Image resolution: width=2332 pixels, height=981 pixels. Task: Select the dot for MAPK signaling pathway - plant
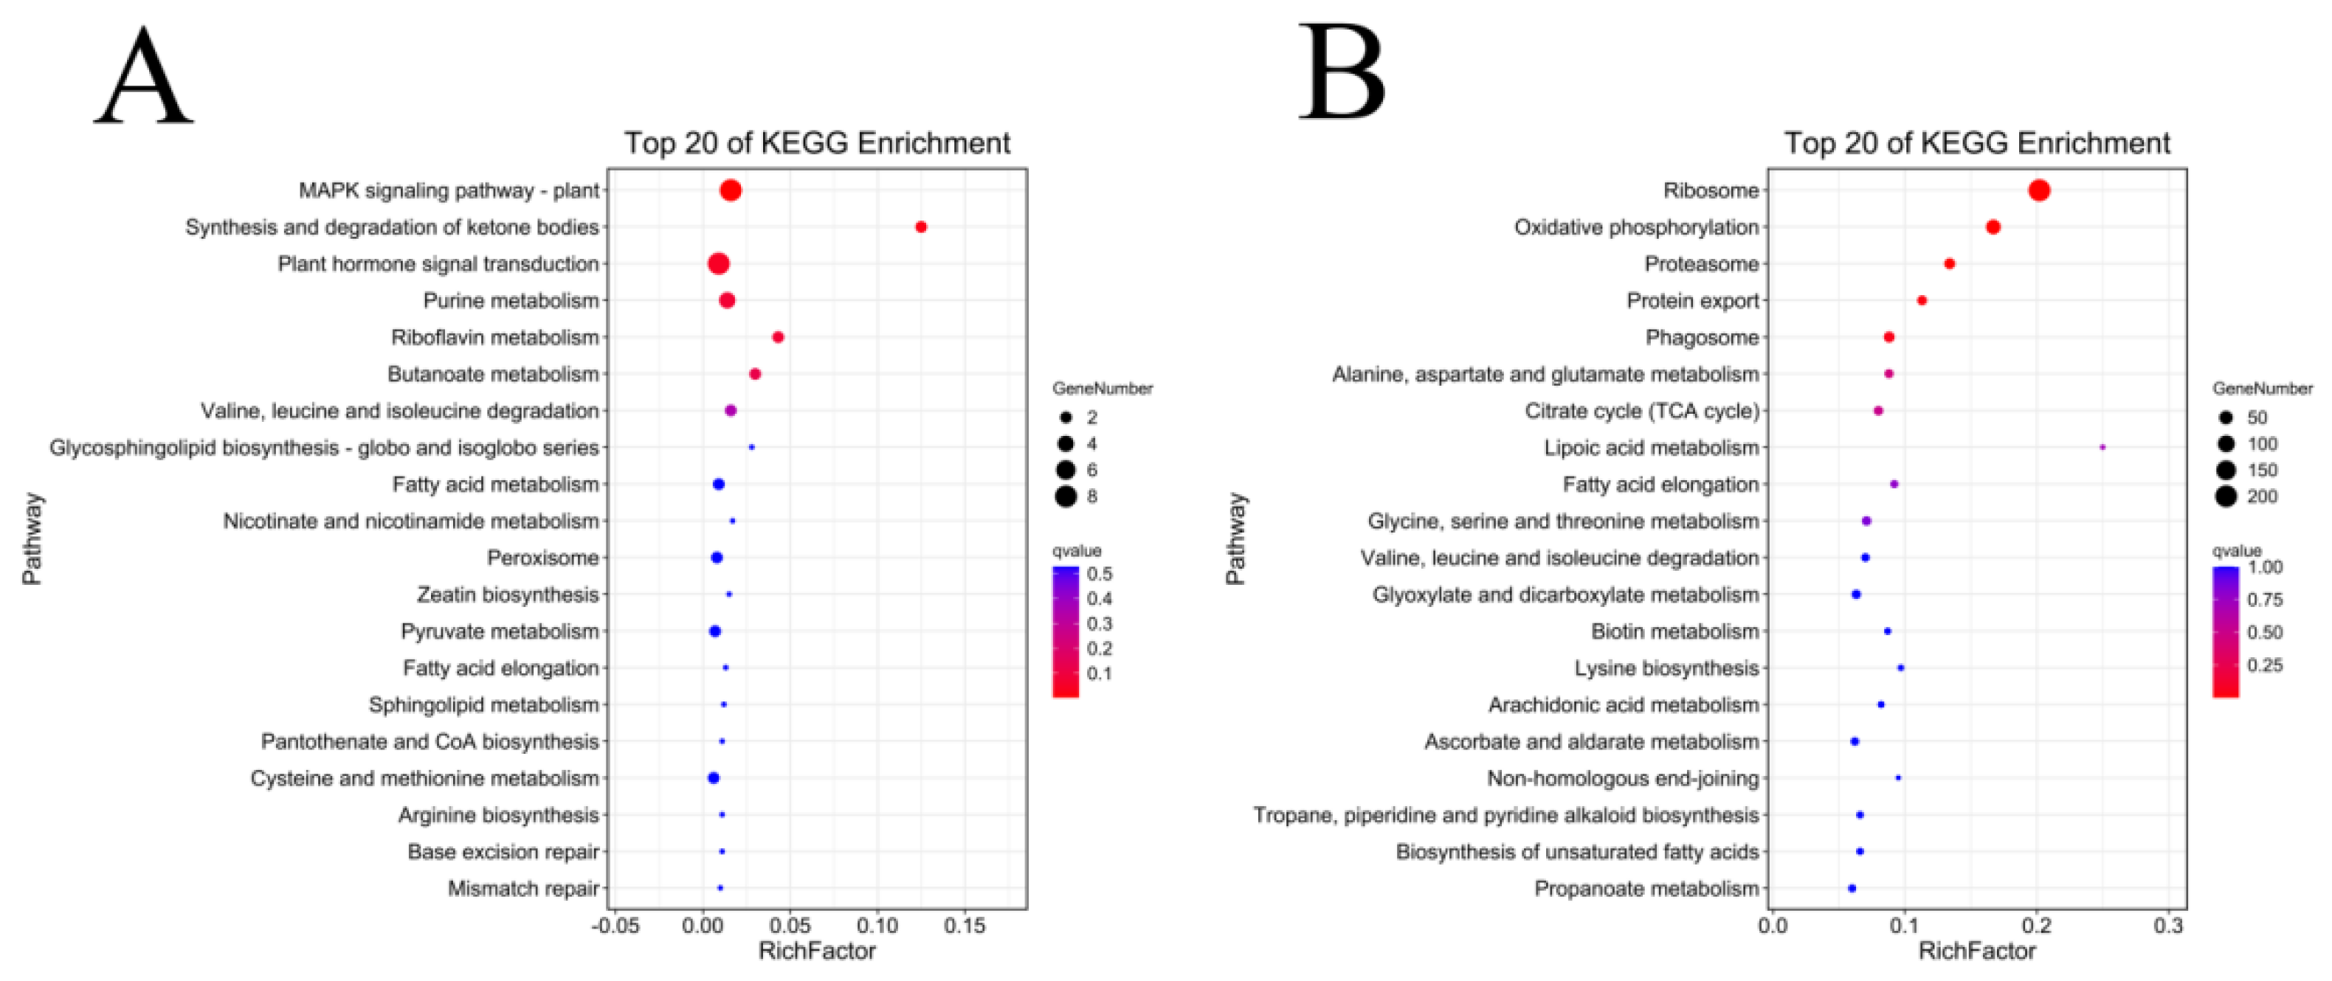point(731,190)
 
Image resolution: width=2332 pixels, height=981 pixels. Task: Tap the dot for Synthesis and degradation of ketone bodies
point(921,227)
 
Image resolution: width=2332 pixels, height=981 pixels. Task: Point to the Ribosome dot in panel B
point(2039,190)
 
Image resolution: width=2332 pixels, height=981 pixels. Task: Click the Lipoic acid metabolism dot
point(2102,447)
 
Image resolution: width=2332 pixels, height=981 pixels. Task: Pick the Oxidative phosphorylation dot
point(1993,227)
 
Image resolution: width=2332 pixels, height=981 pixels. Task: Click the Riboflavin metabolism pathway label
point(494,338)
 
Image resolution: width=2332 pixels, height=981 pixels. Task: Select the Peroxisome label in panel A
point(542,558)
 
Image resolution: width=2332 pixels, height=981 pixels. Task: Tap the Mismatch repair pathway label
point(523,889)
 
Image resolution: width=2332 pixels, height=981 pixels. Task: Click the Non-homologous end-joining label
point(1622,778)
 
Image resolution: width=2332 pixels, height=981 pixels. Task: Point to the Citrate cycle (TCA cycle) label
point(1641,411)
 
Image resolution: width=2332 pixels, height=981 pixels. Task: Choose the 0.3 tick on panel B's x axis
point(2168,926)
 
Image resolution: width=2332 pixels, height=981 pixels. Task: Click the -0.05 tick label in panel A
point(615,926)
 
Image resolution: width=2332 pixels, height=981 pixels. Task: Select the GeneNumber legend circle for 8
point(1066,496)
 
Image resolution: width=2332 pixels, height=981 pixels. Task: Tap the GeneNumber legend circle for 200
point(2226,496)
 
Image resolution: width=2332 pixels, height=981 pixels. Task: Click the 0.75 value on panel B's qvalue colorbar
point(2264,600)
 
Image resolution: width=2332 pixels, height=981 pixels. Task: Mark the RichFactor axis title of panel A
point(816,951)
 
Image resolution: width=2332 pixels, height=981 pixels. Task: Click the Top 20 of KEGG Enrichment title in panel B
point(1976,143)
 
